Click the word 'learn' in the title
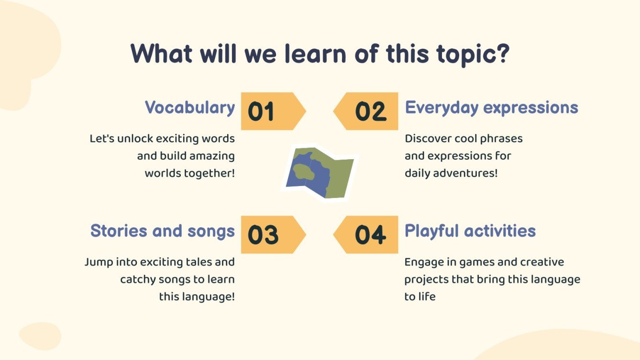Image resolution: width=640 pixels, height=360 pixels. pyautogui.click(x=315, y=54)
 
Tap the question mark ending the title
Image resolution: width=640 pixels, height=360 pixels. pyautogui.click(x=502, y=54)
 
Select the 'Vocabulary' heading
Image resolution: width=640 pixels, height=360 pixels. pyautogui.click(x=190, y=108)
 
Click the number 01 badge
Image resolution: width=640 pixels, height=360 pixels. pyautogui.click(x=274, y=111)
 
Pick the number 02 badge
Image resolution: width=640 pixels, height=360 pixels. pyautogui.click(x=366, y=111)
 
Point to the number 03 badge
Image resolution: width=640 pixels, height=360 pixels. pyautogui.click(x=274, y=235)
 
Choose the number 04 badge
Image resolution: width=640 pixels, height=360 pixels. pyautogui.click(x=366, y=235)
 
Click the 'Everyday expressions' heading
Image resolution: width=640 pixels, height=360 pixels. pyautogui.click(x=491, y=108)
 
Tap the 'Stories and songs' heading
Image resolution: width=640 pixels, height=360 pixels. pyautogui.click(x=163, y=230)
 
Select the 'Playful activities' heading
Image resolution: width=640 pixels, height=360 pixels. pyautogui.click(x=470, y=231)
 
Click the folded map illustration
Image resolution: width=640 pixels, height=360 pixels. pyautogui.click(x=320, y=173)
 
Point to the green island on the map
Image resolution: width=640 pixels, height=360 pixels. pyautogui.click(x=303, y=172)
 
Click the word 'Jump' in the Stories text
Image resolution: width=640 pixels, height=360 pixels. pyautogui.click(x=99, y=262)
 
